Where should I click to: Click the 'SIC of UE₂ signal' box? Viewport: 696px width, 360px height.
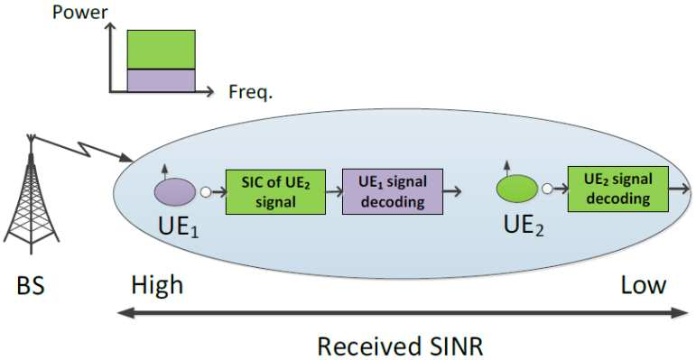point(275,192)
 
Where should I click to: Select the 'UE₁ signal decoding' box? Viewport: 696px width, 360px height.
point(393,192)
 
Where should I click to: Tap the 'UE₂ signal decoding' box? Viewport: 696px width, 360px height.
point(618,189)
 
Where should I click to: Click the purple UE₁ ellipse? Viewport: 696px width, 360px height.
point(175,192)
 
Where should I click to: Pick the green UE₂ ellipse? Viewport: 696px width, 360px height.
point(516,189)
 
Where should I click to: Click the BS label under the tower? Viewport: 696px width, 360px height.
point(31,286)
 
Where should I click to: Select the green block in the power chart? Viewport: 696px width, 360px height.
point(161,50)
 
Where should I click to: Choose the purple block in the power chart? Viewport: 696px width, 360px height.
point(161,81)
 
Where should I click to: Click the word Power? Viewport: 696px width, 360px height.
point(79,12)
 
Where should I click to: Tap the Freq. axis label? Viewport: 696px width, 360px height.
point(250,92)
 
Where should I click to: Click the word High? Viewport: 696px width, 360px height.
point(157,286)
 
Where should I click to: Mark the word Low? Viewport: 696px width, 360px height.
point(643,286)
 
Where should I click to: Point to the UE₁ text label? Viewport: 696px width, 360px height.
point(179,226)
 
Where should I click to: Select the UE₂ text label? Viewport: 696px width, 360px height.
point(524,226)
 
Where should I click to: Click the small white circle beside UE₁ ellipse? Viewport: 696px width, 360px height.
point(206,192)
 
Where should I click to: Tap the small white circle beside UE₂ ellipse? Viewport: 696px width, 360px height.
point(547,189)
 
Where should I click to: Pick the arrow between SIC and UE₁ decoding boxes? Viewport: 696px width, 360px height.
point(333,192)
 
